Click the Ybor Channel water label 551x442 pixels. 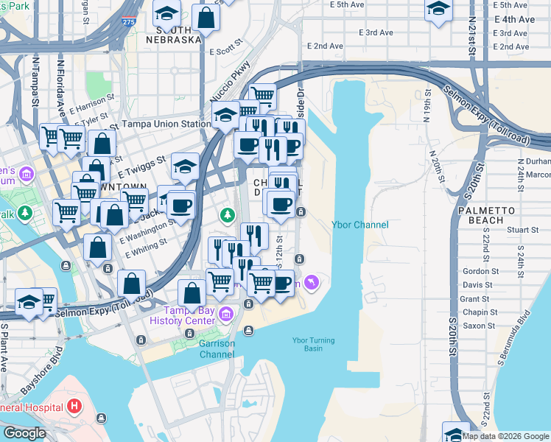coord(359,225)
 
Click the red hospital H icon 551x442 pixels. coord(74,405)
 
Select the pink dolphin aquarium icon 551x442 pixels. coord(314,282)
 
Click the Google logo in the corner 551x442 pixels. coord(24,433)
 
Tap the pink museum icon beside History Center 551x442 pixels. coord(227,315)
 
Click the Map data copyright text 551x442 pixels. coord(505,436)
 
